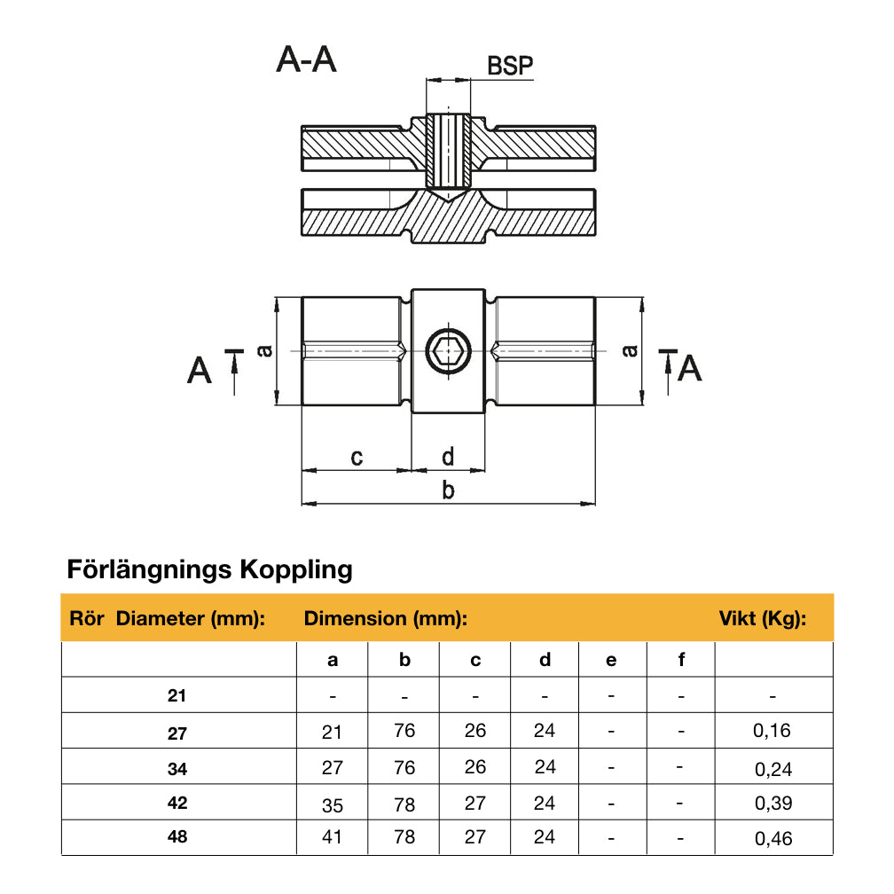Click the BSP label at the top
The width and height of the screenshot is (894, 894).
pyautogui.click(x=510, y=67)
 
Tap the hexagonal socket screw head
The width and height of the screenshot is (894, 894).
pyautogui.click(x=448, y=352)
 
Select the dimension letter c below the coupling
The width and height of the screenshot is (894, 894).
pyautogui.click(x=357, y=458)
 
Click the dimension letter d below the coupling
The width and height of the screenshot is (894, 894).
pyautogui.click(x=448, y=457)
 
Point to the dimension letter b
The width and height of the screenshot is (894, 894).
pyautogui.click(x=448, y=490)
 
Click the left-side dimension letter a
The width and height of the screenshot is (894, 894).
pyautogui.click(x=263, y=351)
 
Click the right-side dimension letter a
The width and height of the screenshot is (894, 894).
pyautogui.click(x=630, y=351)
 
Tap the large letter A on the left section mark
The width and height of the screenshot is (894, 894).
pyautogui.click(x=200, y=369)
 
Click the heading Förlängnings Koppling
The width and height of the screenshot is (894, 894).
pyautogui.click(x=210, y=569)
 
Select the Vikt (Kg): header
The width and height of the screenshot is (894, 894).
pyautogui.click(x=762, y=619)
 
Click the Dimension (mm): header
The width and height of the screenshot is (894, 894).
pyautogui.click(x=386, y=619)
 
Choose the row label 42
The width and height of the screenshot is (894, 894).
pyautogui.click(x=177, y=803)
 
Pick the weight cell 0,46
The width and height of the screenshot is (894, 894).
pyautogui.click(x=772, y=838)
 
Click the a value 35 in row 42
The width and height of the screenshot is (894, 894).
pyautogui.click(x=332, y=804)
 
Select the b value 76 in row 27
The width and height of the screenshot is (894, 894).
pyautogui.click(x=404, y=732)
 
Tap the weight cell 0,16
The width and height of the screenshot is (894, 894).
pyautogui.click(x=772, y=732)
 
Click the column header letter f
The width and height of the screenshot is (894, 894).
pyautogui.click(x=681, y=660)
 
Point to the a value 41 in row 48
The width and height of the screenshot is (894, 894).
pyautogui.click(x=332, y=837)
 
